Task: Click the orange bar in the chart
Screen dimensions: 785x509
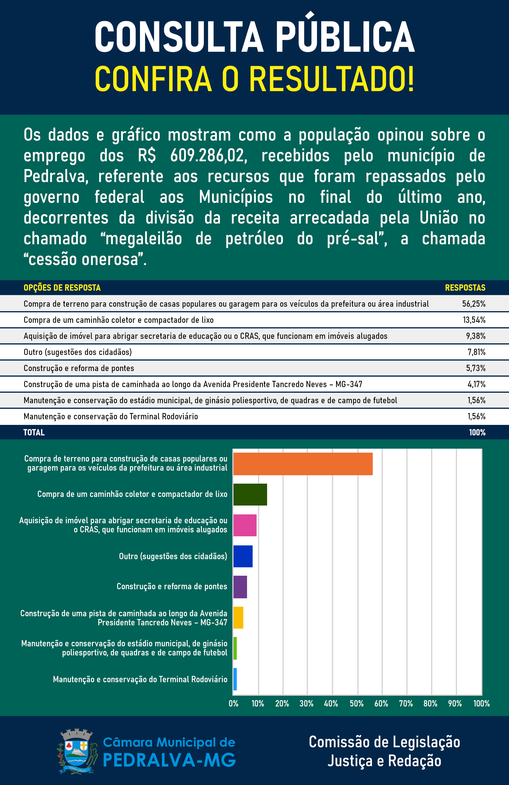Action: [303, 464]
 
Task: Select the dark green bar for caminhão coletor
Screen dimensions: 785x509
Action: [250, 494]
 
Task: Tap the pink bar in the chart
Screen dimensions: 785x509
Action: [245, 525]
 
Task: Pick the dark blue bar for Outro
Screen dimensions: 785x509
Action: [243, 556]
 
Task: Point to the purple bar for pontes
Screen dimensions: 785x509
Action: [240, 587]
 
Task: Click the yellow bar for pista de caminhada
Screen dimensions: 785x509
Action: [238, 617]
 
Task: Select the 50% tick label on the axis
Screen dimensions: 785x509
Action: [356, 703]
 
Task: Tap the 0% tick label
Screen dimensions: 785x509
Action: [233, 703]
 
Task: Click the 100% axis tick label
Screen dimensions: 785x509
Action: [481, 703]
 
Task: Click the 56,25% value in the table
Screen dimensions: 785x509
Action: [474, 304]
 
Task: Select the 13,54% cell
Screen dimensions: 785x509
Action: [474, 320]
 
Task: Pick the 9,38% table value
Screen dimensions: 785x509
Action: [476, 336]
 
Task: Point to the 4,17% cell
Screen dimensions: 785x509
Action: [476, 384]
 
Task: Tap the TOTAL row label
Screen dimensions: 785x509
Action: [34, 432]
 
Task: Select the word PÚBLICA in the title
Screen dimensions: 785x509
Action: [345, 36]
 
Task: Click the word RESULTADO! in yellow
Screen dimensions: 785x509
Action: [331, 79]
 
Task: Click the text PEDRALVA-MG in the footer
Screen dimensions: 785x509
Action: [169, 760]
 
